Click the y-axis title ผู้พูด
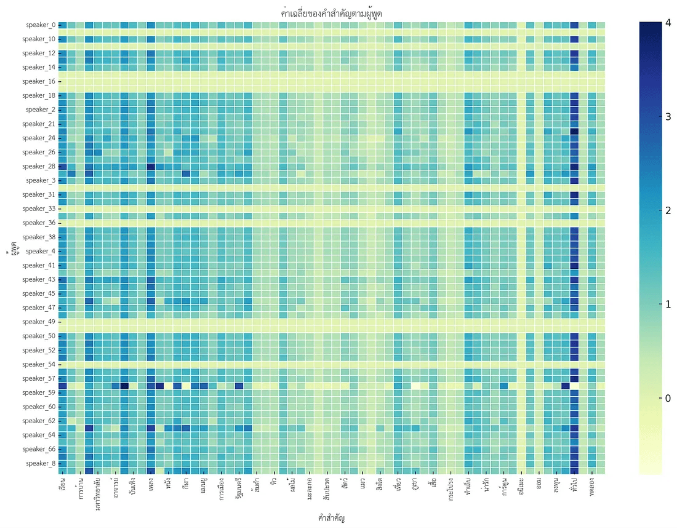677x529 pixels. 12,252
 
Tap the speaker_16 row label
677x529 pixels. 38,81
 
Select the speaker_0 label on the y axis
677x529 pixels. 41,25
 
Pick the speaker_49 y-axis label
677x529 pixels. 38,322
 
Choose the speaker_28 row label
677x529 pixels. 38,166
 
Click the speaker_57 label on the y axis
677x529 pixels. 38,378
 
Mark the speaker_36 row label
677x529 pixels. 38,223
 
